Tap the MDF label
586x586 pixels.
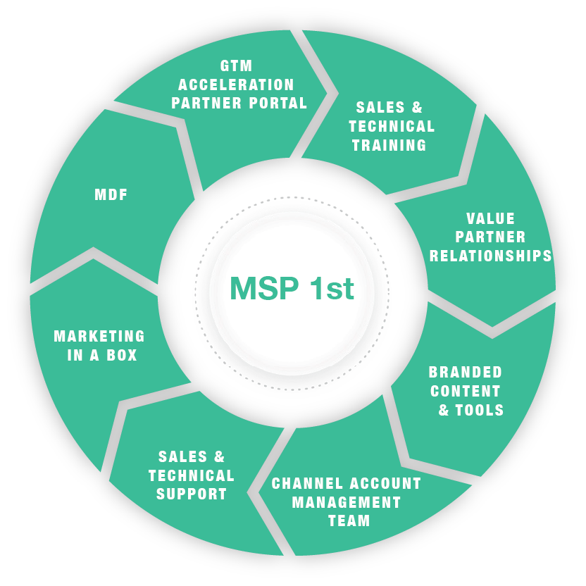(x=111, y=195)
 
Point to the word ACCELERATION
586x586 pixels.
(x=236, y=85)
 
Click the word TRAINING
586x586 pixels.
(x=389, y=145)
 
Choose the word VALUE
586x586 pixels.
(x=490, y=219)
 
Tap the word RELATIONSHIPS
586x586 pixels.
(x=491, y=255)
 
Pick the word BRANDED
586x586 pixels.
(x=466, y=372)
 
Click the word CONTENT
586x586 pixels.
(x=466, y=391)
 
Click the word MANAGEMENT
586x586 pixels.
(x=347, y=503)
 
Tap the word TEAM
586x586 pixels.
(x=349, y=521)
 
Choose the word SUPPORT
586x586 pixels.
(x=192, y=494)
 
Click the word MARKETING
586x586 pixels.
(x=99, y=337)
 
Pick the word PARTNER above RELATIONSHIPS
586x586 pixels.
(x=490, y=237)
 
